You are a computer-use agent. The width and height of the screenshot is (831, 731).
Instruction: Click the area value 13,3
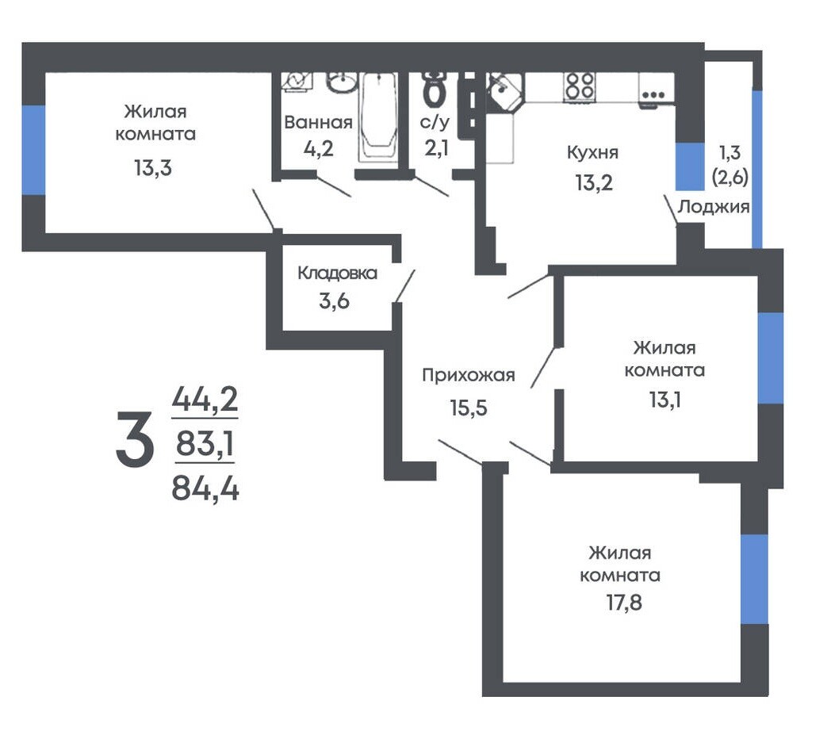coord(153,168)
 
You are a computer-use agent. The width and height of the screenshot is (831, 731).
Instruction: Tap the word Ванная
coord(318,122)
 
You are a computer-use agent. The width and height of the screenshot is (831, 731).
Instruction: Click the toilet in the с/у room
coord(435,89)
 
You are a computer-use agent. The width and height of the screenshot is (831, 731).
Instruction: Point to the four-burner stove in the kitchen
coord(580,86)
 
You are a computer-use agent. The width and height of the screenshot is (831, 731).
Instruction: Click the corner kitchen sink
coord(504,91)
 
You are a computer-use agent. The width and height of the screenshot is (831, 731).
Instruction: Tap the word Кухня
coord(592,153)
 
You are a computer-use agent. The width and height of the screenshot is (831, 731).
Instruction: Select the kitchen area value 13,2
coord(594,183)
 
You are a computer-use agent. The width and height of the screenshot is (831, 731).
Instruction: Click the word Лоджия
coord(714,206)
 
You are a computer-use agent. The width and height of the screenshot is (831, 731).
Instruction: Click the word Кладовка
coord(337,273)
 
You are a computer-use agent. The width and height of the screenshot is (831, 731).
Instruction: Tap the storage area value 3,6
coord(334,301)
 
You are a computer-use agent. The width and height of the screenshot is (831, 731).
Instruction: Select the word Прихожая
coord(469,375)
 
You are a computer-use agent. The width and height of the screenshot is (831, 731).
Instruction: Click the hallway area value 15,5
coord(469,408)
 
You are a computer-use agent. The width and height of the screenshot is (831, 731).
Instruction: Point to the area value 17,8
coord(624,603)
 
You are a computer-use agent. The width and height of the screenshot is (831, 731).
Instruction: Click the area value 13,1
coord(664,400)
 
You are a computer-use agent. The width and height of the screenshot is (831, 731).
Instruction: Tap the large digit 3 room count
coord(135,441)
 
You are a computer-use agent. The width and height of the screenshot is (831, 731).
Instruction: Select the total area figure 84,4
coord(205,488)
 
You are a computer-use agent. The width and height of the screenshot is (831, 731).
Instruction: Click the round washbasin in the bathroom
coord(341,82)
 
